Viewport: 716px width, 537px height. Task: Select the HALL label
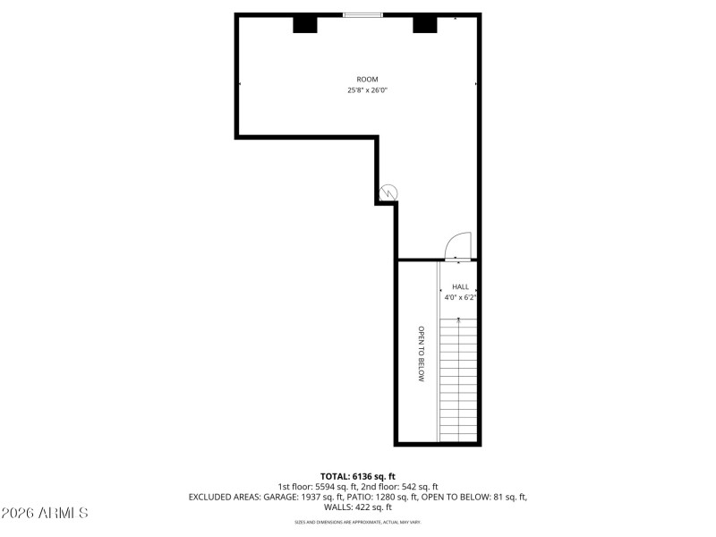coord(460,286)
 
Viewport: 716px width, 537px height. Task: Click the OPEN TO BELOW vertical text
coord(420,354)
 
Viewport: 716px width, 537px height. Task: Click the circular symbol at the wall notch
coord(388,192)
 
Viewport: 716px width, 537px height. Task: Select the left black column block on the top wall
coord(305,24)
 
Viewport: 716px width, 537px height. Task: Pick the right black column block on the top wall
coord(424,24)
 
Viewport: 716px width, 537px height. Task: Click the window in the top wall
coord(363,15)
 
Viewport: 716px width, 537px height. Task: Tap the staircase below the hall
coord(459,380)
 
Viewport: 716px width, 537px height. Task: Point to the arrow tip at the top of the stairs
coord(459,318)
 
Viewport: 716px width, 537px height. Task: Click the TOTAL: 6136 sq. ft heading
coord(357,476)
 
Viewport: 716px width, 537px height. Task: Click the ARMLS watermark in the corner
coord(45,513)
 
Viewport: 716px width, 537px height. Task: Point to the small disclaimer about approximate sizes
coord(357,522)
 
